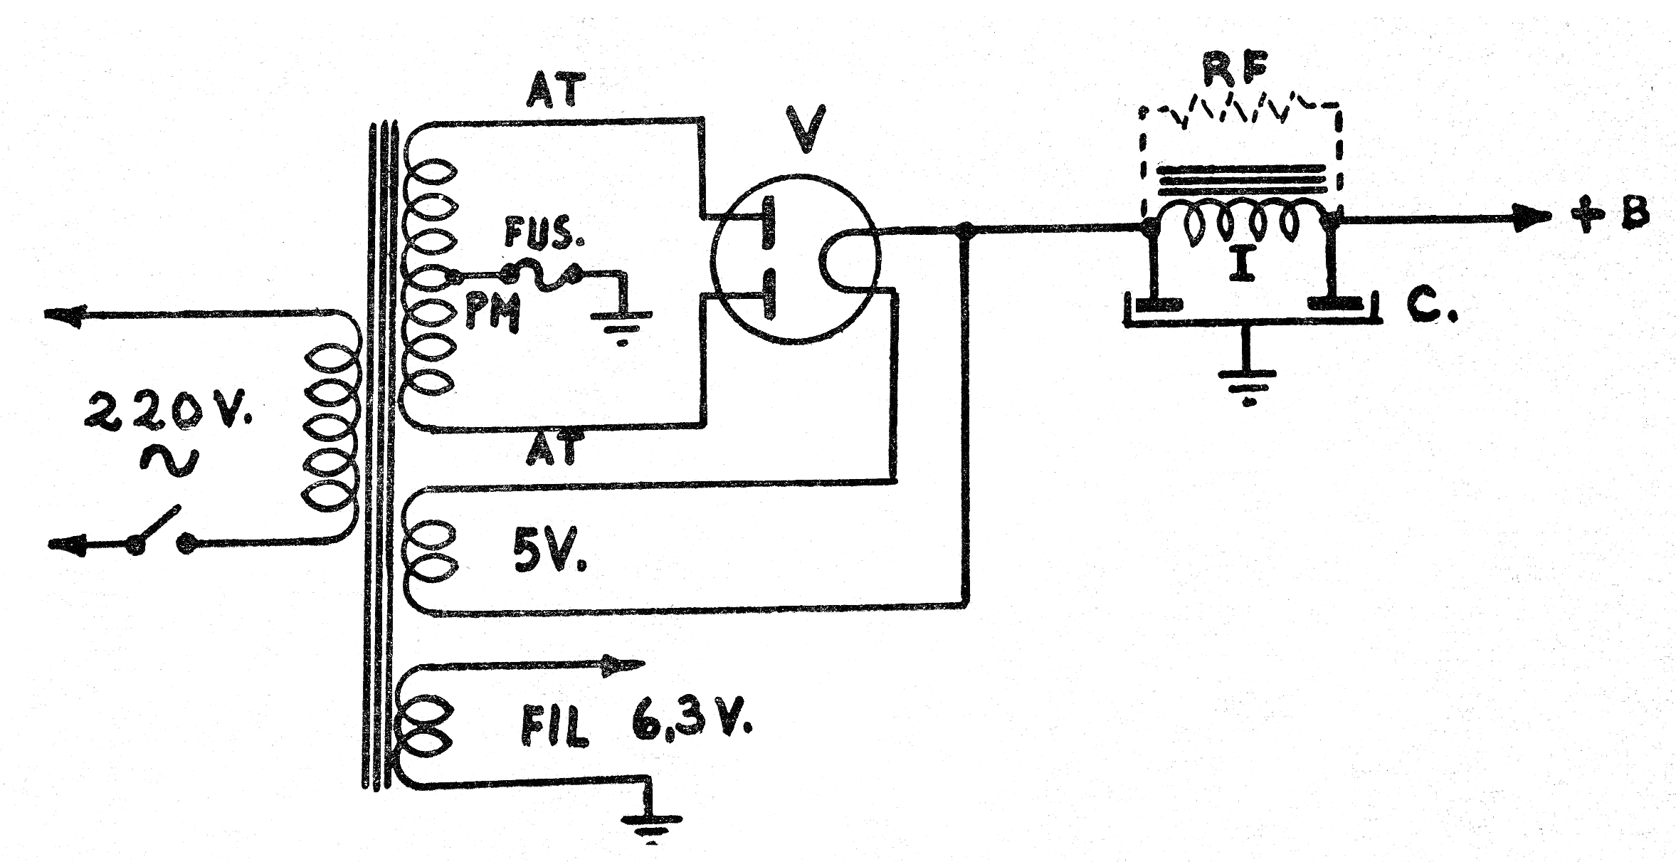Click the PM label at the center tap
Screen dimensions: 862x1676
492,314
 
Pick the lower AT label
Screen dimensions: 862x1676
554,449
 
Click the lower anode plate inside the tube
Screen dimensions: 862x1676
768,295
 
